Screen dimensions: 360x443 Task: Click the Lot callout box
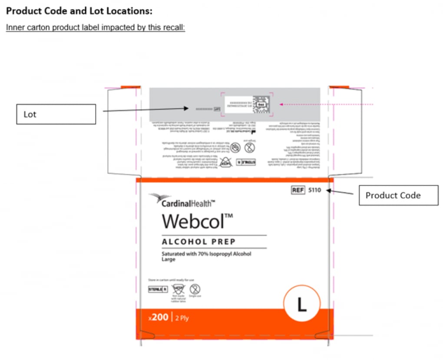56,114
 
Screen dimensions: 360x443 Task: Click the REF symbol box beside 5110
298,190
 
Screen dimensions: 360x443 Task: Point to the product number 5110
314,190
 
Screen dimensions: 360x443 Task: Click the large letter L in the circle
301,304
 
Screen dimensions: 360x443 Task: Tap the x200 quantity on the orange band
158,318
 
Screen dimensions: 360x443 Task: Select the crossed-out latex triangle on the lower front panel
177,289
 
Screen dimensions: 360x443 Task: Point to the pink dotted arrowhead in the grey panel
281,104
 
